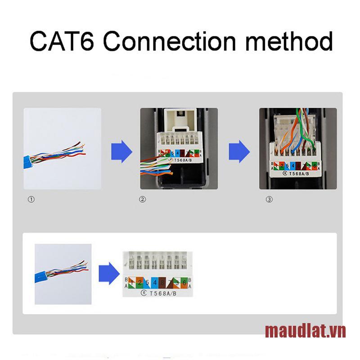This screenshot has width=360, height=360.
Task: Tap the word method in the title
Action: pyautogui.click(x=288, y=42)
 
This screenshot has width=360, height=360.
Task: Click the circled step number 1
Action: pyautogui.click(x=31, y=199)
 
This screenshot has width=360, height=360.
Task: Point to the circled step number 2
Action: pyautogui.click(x=143, y=199)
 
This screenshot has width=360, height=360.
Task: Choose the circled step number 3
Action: pyautogui.click(x=269, y=199)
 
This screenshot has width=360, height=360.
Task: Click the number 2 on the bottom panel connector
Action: pyautogui.click(x=140, y=283)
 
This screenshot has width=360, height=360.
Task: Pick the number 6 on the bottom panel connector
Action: pyautogui.click(x=184, y=283)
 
